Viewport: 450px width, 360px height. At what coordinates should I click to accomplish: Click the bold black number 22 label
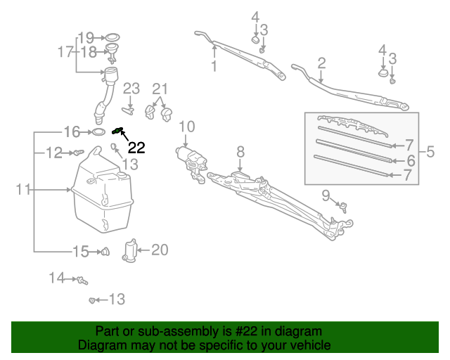pyautogui.click(x=136, y=148)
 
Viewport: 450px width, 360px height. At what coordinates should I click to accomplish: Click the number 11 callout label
pyautogui.click(x=23, y=190)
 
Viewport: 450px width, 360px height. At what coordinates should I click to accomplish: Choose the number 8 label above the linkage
pyautogui.click(x=240, y=151)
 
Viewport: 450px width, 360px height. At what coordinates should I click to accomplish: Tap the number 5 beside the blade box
pyautogui.click(x=430, y=151)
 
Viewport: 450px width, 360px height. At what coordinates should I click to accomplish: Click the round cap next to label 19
pyautogui.click(x=110, y=37)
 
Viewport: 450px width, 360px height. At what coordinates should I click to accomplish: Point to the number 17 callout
pyautogui.click(x=65, y=51)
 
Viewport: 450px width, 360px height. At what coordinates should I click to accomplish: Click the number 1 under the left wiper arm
pyautogui.click(x=214, y=67)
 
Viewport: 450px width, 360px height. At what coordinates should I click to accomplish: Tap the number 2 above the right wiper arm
pyautogui.click(x=321, y=63)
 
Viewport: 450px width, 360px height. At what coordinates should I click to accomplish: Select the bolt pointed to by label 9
pyautogui.click(x=344, y=206)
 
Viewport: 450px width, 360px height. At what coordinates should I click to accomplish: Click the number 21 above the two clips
pyautogui.click(x=160, y=89)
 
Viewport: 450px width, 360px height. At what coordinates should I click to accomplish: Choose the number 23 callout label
pyautogui.click(x=131, y=89)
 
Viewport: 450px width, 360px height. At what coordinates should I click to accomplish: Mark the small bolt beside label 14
pyautogui.click(x=82, y=280)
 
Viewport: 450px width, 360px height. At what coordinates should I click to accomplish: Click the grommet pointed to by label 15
pyautogui.click(x=105, y=250)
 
